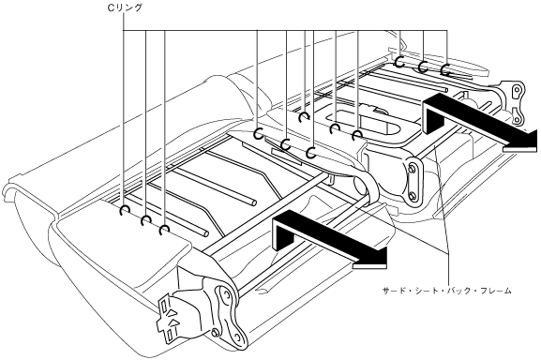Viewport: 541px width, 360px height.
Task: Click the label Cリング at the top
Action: pos(125,7)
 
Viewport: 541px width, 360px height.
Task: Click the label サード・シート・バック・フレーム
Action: pos(447,291)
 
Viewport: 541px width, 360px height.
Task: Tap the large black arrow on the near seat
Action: pos(330,239)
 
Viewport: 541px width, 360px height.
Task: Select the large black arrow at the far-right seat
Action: pos(479,123)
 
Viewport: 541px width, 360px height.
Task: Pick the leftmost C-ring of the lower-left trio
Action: pos(124,211)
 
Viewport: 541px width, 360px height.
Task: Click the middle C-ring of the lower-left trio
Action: pos(145,220)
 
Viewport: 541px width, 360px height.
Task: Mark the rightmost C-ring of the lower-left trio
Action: pos(165,230)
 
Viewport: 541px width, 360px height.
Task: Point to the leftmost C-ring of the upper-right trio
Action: pos(399,62)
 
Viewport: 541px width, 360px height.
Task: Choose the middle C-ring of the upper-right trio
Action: pos(423,67)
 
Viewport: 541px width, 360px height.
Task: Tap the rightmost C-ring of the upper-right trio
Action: pos(445,70)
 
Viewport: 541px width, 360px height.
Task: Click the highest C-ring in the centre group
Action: pos(304,117)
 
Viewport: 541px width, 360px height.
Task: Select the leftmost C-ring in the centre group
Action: pos(258,133)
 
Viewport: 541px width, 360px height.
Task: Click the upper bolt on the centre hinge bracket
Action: pos(412,170)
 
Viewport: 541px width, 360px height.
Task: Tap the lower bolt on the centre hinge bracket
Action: pos(412,197)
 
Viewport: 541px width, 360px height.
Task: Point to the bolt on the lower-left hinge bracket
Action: pos(215,333)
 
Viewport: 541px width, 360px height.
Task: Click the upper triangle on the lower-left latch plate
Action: pos(173,313)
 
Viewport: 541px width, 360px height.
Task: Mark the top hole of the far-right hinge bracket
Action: pos(517,90)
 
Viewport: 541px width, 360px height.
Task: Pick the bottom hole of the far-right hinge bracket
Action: pos(517,120)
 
